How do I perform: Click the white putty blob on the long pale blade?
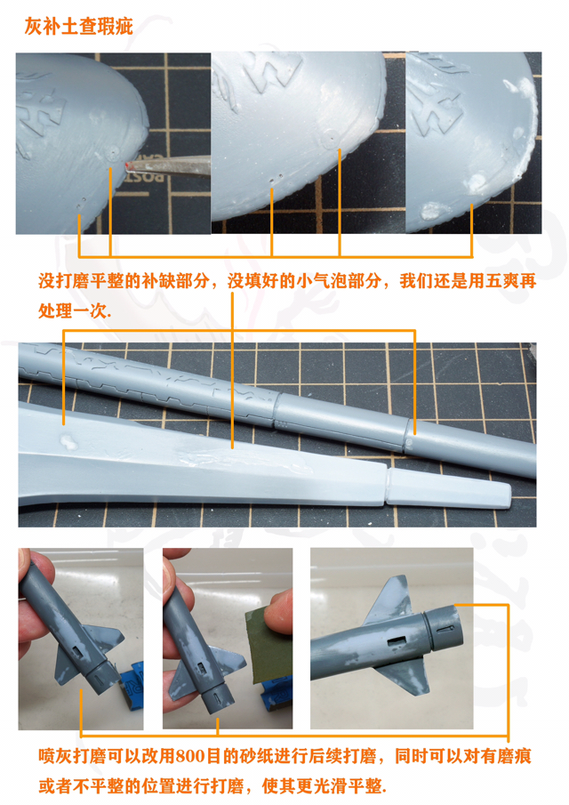[65, 440]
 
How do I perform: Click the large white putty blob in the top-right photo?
[477, 183]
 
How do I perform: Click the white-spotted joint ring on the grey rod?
[411, 430]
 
